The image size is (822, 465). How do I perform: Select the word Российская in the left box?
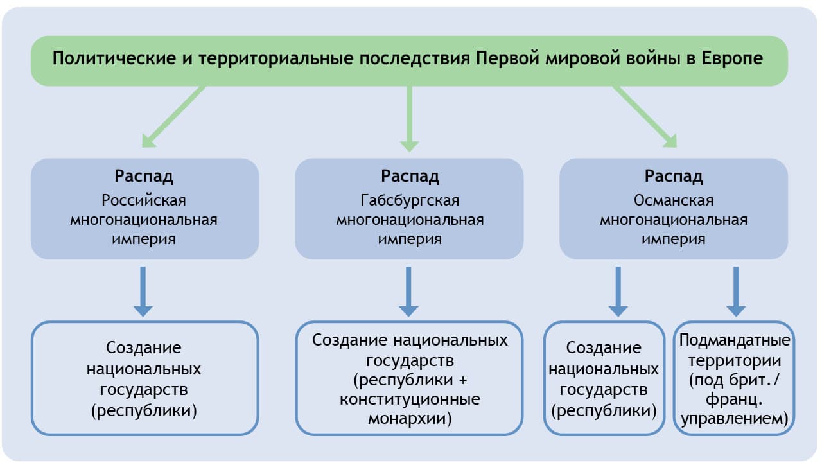click(x=144, y=200)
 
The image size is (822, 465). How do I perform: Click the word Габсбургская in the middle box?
click(x=410, y=200)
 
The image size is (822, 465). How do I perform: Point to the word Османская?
click(x=674, y=200)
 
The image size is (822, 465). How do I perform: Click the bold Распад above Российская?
click(x=144, y=176)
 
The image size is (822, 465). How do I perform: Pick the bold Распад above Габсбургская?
click(x=410, y=176)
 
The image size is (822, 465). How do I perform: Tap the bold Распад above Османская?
click(x=674, y=176)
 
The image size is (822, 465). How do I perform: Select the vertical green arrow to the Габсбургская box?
click(x=409, y=119)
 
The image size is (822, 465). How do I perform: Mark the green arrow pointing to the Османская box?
click(x=645, y=116)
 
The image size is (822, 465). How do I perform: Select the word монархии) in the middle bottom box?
click(x=410, y=420)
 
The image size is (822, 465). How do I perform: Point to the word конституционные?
click(x=410, y=399)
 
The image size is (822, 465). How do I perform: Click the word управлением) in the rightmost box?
click(x=735, y=419)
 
